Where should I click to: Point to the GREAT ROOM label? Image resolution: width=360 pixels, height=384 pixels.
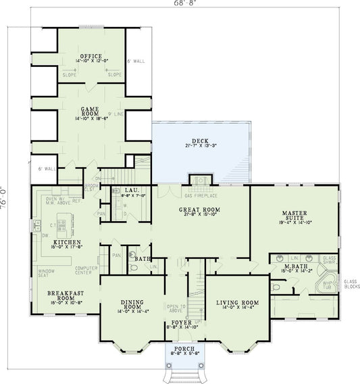tap(197, 210)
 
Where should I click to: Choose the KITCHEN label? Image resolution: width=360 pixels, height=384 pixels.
tap(69, 241)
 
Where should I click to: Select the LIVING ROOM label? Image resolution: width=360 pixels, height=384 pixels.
tap(237, 302)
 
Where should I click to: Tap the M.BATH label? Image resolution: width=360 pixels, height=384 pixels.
tap(291, 267)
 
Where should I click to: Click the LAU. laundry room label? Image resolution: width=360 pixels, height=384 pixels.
tap(130, 191)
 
